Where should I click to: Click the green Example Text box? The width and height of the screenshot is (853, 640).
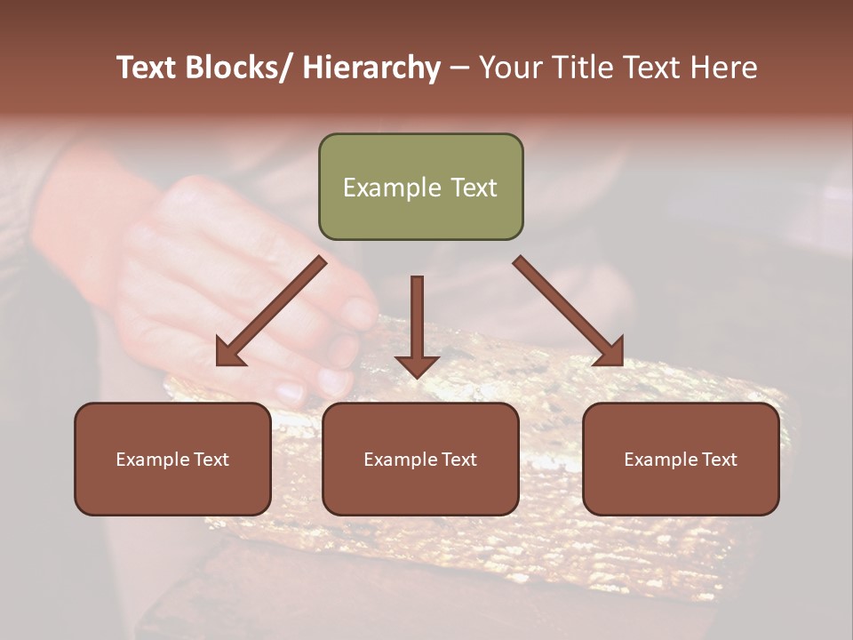point(420,187)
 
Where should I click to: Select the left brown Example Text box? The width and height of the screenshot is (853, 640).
point(172,459)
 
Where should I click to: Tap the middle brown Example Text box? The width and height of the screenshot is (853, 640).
point(420,459)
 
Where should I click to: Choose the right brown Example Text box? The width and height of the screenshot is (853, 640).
point(681,459)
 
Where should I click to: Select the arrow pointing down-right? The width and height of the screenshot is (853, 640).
point(568,311)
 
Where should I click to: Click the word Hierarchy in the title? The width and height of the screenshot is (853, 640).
point(371,68)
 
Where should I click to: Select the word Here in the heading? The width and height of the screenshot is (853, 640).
point(724,68)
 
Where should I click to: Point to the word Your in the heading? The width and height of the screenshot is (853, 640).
point(509,68)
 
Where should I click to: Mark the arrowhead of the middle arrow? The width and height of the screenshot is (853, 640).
point(417,365)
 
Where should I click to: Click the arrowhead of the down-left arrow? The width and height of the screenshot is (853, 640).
point(229,353)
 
